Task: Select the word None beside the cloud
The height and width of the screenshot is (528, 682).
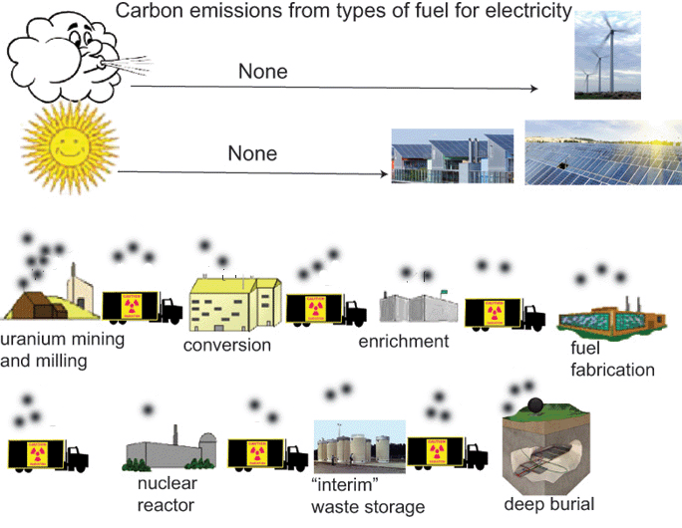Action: pyautogui.click(x=263, y=72)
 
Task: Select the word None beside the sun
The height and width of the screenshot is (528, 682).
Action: pyautogui.click(x=252, y=154)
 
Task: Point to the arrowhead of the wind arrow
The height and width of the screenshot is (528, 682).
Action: pyautogui.click(x=533, y=89)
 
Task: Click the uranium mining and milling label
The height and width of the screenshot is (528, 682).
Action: pyautogui.click(x=62, y=350)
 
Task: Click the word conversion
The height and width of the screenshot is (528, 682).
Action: pyautogui.click(x=227, y=346)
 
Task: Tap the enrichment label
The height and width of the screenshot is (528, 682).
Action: pyautogui.click(x=404, y=342)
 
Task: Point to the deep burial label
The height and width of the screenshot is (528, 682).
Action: pyautogui.click(x=548, y=503)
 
